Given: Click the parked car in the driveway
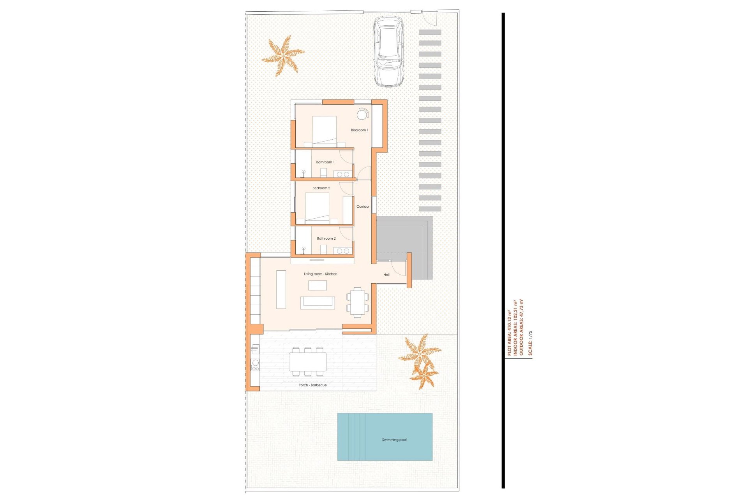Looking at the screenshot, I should tap(388, 51).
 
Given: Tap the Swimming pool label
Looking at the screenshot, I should tap(394, 440).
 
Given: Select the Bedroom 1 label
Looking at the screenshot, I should tap(359, 130).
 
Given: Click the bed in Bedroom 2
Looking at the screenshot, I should tap(317, 208).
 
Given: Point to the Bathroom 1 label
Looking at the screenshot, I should tap(325, 162).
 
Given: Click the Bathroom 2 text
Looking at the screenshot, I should tap(326, 238).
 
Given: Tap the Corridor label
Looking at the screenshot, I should tap(363, 207).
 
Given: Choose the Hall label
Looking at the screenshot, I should tap(386, 275).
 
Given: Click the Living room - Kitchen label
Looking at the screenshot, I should tap(320, 274).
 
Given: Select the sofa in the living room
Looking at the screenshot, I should tap(318, 303).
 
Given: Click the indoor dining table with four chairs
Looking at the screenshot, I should tap(357, 302).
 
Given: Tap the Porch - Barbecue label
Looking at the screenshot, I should tap(312, 385).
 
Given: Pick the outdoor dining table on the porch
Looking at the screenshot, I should tap(308, 362).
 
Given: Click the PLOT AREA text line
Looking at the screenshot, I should tap(509, 333).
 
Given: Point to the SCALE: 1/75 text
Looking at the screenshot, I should tap(530, 343).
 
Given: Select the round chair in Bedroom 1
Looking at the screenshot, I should tap(362, 114).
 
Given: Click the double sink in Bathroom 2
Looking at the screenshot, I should tap(343, 251).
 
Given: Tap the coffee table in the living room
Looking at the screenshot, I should tap(318, 286).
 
